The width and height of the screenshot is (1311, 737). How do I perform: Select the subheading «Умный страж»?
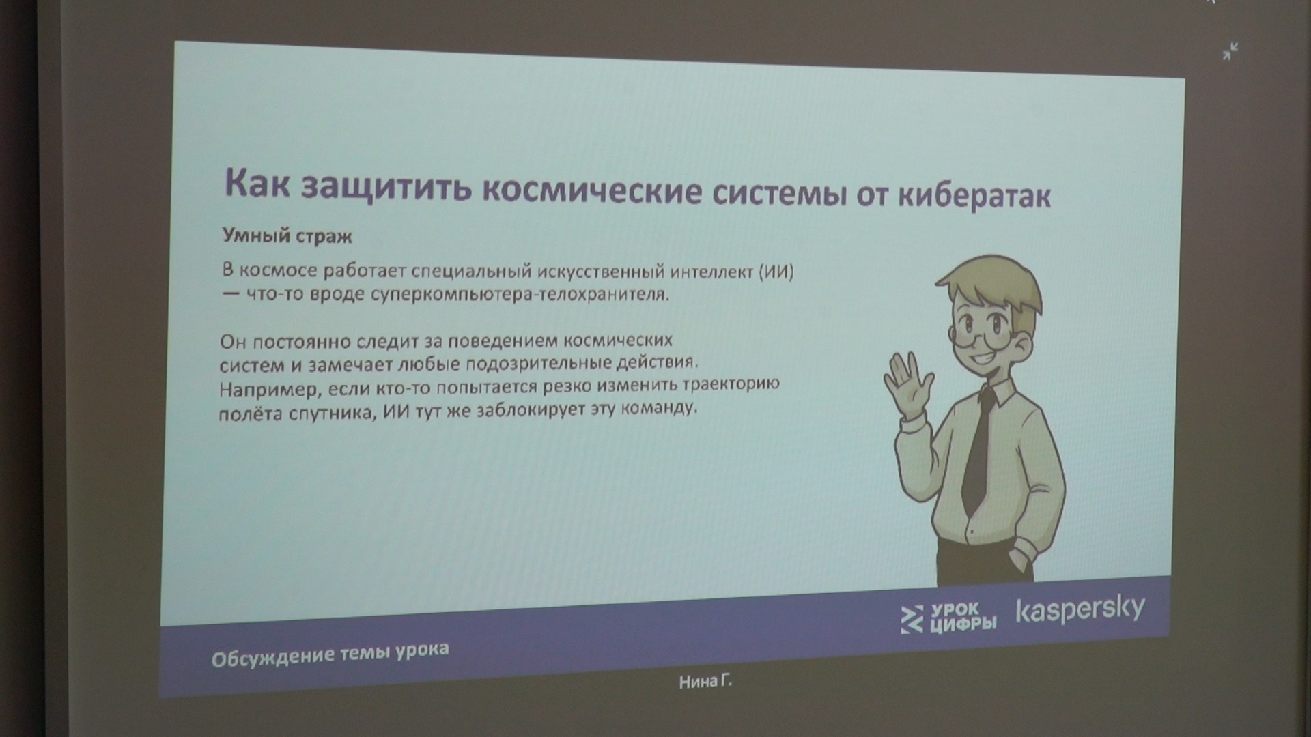click(287, 237)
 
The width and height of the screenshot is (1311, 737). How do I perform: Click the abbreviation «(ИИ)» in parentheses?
click(776, 272)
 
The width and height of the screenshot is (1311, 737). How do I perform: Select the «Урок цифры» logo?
click(949, 618)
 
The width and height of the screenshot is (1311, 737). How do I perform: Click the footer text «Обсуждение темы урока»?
click(330, 655)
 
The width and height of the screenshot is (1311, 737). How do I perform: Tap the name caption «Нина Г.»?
click(706, 681)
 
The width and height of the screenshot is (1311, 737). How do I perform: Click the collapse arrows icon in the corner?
click(1230, 51)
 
